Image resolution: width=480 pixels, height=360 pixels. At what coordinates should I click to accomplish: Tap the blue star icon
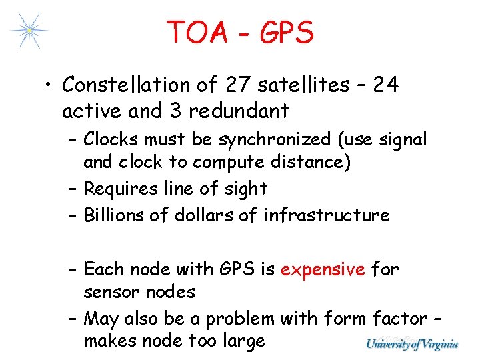[29, 30]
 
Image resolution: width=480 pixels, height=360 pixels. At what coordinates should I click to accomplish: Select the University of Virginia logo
[411, 344]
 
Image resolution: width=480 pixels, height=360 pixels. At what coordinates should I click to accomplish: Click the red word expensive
[323, 269]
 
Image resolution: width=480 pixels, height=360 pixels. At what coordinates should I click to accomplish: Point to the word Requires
[118, 189]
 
